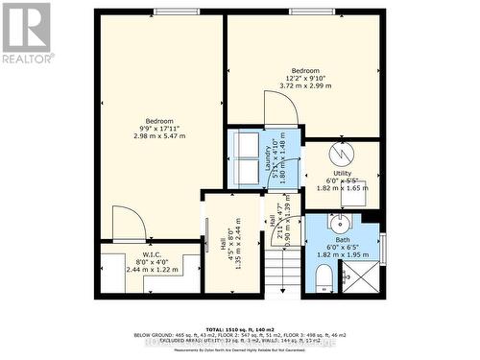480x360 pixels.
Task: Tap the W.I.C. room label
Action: pos(141,255)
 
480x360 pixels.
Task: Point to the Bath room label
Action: pos(342,240)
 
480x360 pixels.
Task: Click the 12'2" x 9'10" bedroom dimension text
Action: pos(306,78)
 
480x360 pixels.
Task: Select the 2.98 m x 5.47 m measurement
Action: pos(158,135)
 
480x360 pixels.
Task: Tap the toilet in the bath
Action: pos(324,278)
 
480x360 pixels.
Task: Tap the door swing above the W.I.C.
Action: pos(128,225)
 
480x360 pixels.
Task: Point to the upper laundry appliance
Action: pos(246,145)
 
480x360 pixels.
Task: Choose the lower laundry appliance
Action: pos(246,174)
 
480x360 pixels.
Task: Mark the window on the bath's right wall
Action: pos(382,247)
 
